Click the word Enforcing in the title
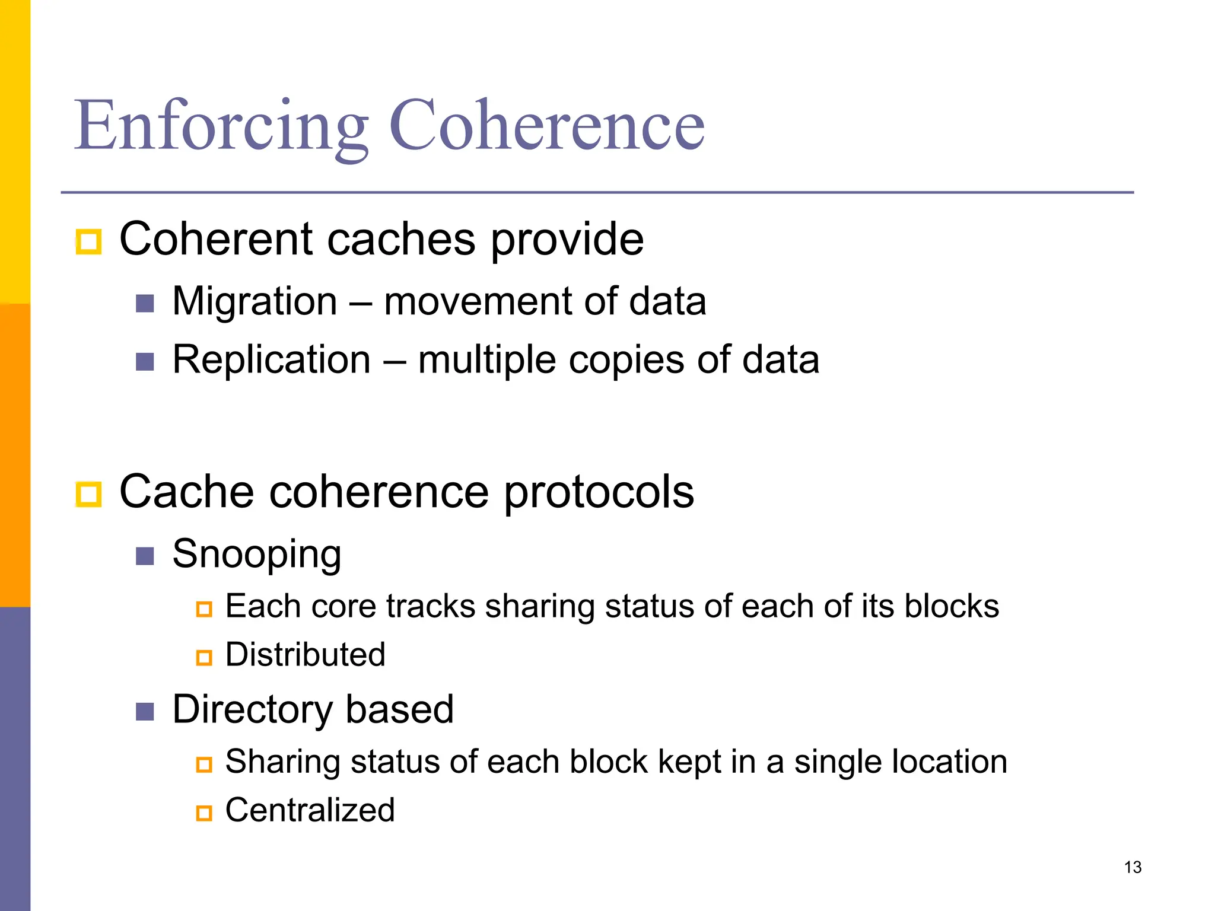click(x=221, y=126)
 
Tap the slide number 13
click(x=1133, y=867)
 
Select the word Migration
click(x=255, y=301)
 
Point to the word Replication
click(x=272, y=359)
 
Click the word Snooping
click(x=256, y=554)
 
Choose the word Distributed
click(x=305, y=655)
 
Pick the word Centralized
click(x=310, y=810)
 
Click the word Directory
click(x=252, y=709)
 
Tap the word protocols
click(x=599, y=492)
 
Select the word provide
click(x=567, y=240)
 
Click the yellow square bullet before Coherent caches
click(x=89, y=241)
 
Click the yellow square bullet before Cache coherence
click(x=89, y=494)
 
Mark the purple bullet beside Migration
click(x=145, y=303)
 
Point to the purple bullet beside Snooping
click(x=145, y=556)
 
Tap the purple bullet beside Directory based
click(x=145, y=711)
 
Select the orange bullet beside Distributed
click(x=204, y=657)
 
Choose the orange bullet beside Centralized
click(x=204, y=813)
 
